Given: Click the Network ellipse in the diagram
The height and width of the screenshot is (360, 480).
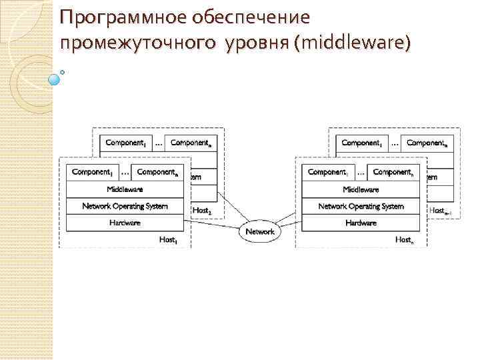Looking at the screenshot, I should (260, 231).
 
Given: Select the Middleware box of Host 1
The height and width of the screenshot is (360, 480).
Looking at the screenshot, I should (125, 189).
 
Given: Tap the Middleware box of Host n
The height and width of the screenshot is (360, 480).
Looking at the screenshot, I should (361, 189).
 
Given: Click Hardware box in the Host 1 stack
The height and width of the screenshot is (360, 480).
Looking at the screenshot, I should (125, 223).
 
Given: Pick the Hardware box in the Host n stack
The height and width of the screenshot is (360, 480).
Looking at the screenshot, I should (361, 223).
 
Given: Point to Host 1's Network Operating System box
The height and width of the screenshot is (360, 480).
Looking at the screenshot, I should (125, 206).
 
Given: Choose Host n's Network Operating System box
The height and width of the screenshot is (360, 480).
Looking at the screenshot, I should (361, 206).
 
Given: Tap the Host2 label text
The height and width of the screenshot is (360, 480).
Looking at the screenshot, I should (201, 210).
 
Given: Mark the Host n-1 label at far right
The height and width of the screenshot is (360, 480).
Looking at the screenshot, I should (439, 210).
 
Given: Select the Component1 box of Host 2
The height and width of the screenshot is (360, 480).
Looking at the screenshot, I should (125, 143).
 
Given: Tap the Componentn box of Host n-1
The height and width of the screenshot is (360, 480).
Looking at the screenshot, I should (427, 143).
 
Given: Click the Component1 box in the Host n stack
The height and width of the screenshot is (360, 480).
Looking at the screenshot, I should (327, 172).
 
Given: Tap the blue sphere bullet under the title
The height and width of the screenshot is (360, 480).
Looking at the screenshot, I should (55, 79).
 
